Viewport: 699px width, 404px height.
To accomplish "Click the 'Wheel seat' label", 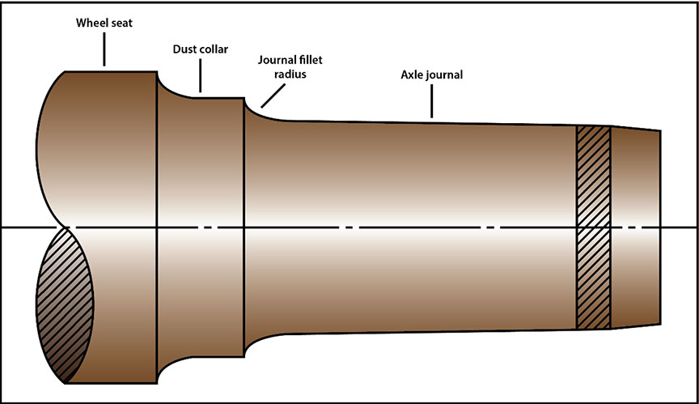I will pyautogui.click(x=104, y=23).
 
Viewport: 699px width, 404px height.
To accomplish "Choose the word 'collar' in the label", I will pyautogui.click(x=214, y=50).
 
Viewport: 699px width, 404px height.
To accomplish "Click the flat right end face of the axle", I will pyautogui.click(x=661, y=227).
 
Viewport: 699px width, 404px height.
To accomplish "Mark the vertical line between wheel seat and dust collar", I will pyautogui.click(x=157, y=227).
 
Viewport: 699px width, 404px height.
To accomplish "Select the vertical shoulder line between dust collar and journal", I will pyautogui.click(x=244, y=227).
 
